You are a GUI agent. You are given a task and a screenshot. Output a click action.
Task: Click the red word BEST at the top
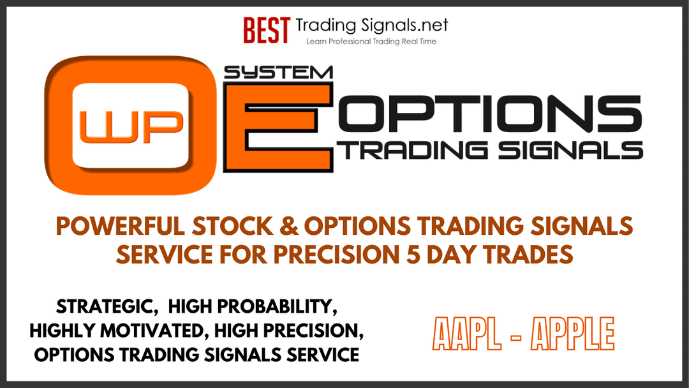click(266, 31)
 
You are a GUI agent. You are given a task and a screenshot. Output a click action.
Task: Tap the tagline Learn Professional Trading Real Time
click(371, 41)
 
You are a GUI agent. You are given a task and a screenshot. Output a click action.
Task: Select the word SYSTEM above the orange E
click(278, 73)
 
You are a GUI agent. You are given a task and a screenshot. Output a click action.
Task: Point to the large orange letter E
click(278, 128)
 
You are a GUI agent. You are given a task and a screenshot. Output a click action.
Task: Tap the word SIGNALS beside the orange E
click(570, 150)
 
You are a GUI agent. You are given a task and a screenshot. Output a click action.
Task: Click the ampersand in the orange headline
click(288, 227)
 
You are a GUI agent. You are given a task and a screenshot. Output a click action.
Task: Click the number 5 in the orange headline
click(413, 255)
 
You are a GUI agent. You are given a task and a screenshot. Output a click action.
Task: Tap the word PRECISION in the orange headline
click(336, 255)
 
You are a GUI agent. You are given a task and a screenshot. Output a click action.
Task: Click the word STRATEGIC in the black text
click(107, 307)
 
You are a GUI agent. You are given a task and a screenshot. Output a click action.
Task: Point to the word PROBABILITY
click(278, 307)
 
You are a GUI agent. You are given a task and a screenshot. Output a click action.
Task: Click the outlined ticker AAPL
click(466, 334)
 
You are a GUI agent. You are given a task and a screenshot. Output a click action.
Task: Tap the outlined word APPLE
click(572, 334)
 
